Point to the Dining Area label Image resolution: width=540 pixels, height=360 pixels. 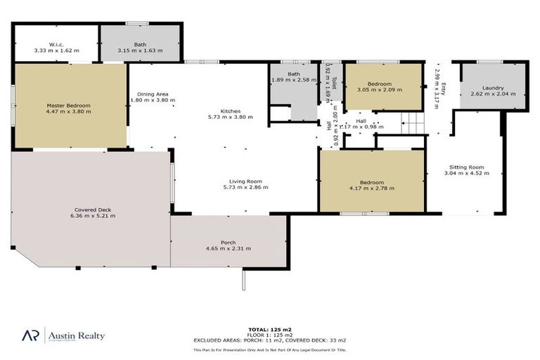coord(153,94)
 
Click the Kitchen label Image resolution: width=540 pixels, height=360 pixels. coord(231,111)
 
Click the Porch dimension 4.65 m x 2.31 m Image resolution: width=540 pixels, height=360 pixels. coord(228,249)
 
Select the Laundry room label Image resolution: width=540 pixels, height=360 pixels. coord(487,88)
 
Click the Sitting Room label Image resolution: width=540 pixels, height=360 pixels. coord(466,167)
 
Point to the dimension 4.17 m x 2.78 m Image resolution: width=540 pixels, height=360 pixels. coord(372,188)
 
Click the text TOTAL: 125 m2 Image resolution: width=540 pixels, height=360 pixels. coord(269,329)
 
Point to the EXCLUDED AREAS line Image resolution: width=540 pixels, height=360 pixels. coord(269,340)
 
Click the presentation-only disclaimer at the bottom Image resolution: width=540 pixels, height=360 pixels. coord(269,348)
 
